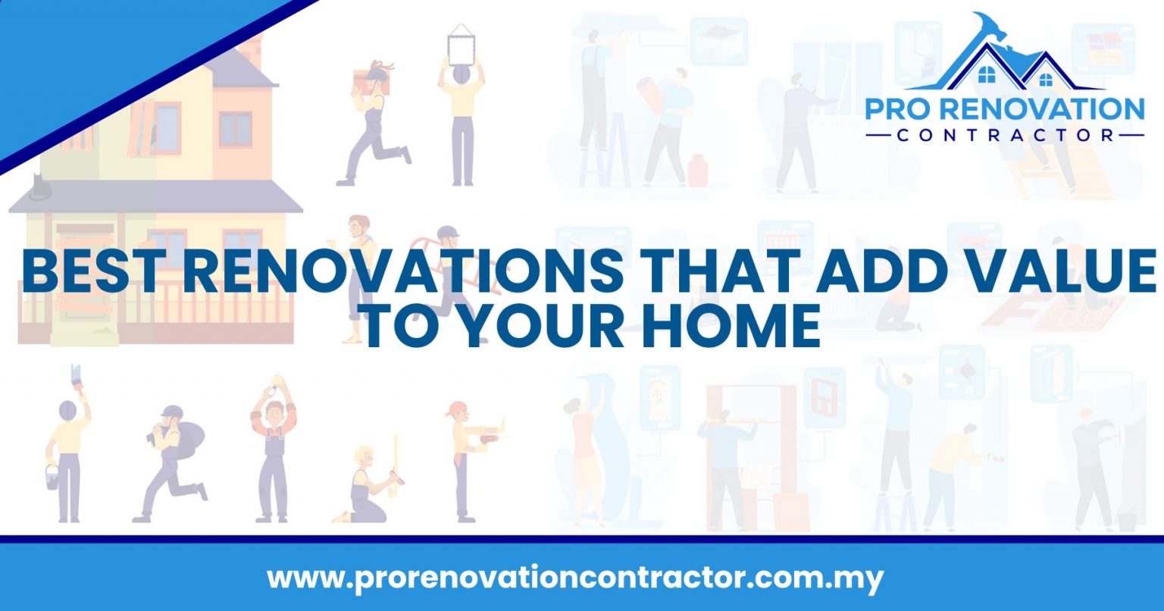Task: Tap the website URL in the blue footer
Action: pyautogui.click(x=575, y=578)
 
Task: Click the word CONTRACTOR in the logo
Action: pyautogui.click(x=1004, y=136)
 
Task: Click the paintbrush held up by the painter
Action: pyautogui.click(x=77, y=376)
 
